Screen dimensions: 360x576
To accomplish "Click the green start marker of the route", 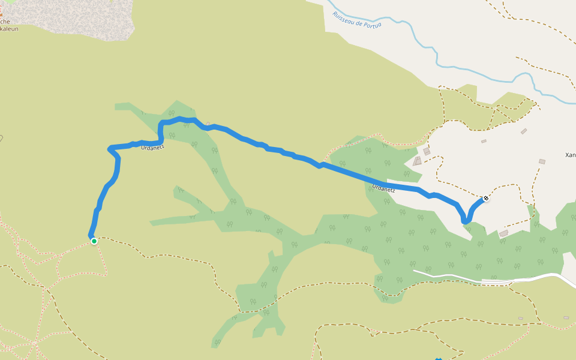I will point(94,241).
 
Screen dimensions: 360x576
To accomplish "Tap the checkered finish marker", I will point(485,198).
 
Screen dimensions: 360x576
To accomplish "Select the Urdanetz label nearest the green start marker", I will point(152,146).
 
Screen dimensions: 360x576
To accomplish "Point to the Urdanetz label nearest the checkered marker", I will point(383,188).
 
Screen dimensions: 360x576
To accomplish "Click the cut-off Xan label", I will point(570,155).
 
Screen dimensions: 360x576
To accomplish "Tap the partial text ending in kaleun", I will point(9,28).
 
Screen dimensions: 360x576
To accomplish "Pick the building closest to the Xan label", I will point(542,161).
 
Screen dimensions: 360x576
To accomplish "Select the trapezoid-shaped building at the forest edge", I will point(417,161).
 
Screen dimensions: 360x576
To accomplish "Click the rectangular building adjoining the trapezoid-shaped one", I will point(427,152).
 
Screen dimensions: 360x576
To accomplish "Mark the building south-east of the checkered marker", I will point(503,233).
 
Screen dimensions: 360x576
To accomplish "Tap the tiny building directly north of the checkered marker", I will point(484,142).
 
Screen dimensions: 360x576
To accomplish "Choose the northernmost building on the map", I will point(524,131).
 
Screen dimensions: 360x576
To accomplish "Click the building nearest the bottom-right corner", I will point(566,317).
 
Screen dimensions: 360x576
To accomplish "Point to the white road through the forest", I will point(456,277).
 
